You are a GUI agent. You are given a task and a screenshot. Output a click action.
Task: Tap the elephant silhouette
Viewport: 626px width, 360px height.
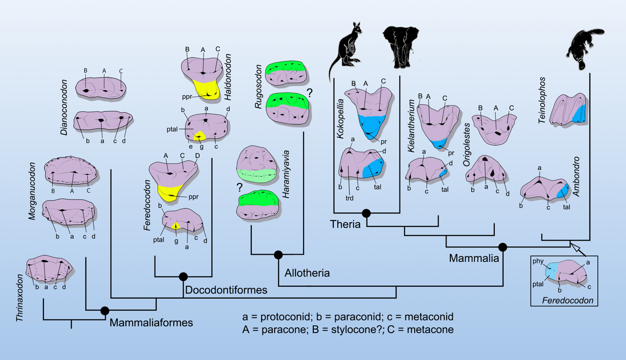click(x=399, y=47)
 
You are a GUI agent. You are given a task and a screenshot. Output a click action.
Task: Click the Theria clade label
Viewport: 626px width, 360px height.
click(x=345, y=224)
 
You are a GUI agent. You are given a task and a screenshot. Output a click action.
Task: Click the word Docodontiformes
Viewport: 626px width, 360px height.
click(x=226, y=290)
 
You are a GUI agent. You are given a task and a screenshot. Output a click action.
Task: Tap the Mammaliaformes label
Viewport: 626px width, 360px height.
click(x=151, y=322)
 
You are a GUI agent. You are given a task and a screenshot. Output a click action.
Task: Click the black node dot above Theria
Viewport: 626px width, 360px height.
click(x=366, y=213)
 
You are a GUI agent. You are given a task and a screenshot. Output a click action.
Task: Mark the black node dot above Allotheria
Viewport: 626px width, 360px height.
click(x=279, y=254)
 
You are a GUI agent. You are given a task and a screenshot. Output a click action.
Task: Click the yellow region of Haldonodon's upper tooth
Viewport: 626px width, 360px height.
click(x=202, y=87)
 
